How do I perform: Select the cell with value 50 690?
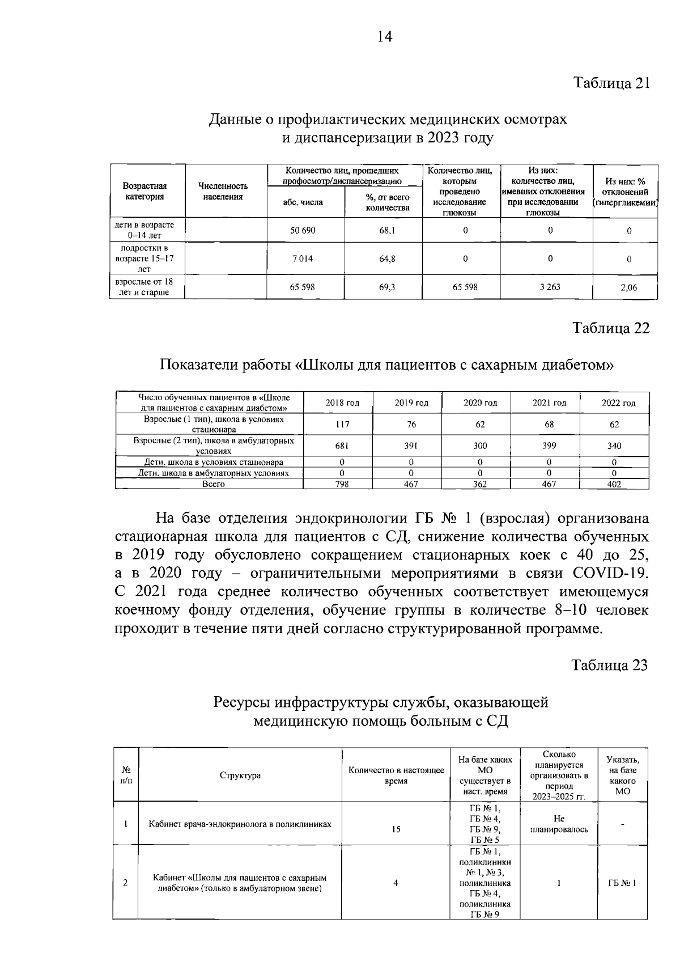coord(303,230)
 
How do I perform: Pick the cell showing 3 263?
coord(549,287)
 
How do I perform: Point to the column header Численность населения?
coord(223,191)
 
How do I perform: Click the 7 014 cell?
coord(303,258)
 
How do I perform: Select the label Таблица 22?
coord(611,329)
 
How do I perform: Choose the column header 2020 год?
coord(480,403)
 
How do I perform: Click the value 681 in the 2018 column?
coord(342,446)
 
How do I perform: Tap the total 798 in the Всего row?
coord(342,484)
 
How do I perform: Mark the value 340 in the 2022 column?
coord(614,446)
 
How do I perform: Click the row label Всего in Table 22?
coord(214,484)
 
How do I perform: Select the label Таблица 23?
coord(609,665)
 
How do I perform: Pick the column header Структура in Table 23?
coord(240,775)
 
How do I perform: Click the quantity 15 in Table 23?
coord(396,829)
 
